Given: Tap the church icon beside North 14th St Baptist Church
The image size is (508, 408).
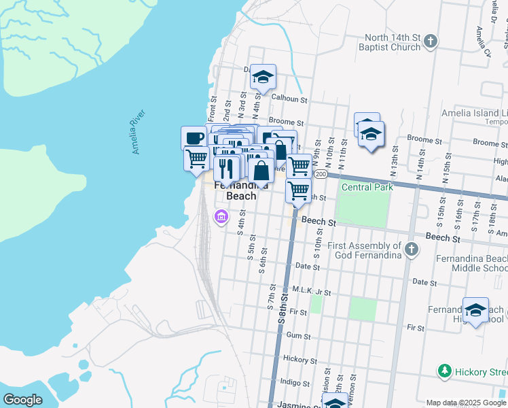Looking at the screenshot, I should click(430, 42).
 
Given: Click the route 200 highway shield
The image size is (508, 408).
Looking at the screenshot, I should click(321, 175).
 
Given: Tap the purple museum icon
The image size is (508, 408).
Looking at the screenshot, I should click(221, 218).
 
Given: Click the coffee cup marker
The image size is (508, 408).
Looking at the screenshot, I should click(194, 138).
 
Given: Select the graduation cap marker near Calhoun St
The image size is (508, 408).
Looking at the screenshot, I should click(263, 77).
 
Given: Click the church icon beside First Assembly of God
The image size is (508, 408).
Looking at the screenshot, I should click(411, 250).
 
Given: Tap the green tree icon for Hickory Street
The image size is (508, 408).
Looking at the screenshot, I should click(444, 371).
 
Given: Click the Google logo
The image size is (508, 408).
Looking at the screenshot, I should click(22, 400).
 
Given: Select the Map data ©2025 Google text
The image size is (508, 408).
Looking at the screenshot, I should click(466, 403).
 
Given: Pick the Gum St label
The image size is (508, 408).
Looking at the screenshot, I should click(298, 336).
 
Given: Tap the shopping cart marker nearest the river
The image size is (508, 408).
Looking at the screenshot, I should click(196, 158).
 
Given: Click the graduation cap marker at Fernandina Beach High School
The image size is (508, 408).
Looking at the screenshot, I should click(475, 311).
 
